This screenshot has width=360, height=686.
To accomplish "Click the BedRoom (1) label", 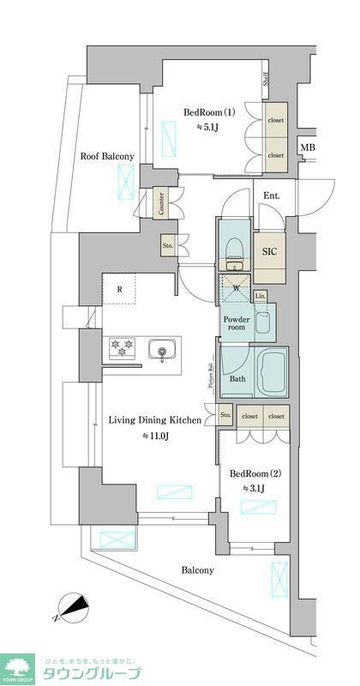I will (x=209, y=112).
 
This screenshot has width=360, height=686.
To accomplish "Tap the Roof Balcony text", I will (x=107, y=156).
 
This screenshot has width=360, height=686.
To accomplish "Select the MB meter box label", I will (x=306, y=148).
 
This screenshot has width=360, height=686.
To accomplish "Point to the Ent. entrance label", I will (x=272, y=196).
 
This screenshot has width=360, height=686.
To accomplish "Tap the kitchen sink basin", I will (x=161, y=349).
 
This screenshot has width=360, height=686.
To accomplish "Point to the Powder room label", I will (x=237, y=323).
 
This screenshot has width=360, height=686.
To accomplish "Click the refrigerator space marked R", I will (x=120, y=289).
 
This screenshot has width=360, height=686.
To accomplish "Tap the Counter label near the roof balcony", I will (x=160, y=204).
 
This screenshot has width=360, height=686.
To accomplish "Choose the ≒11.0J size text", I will (x=155, y=436).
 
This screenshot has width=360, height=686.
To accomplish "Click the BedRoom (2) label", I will (x=253, y=472).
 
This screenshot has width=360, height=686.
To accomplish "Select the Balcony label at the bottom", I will (x=197, y=569).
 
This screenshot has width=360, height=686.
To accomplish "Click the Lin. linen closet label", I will (x=261, y=296).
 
